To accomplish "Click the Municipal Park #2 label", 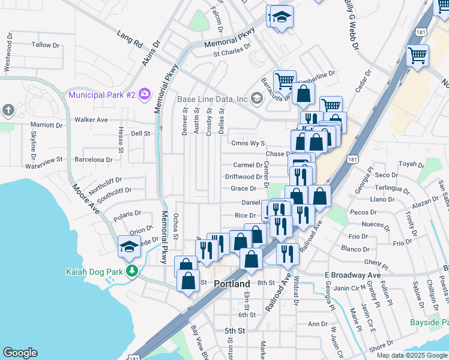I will click(x=101, y=95).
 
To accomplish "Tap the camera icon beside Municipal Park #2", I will click(x=144, y=94).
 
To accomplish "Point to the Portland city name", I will click(x=232, y=284).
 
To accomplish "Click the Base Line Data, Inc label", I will click(x=212, y=99).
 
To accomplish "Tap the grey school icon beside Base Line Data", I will click(x=257, y=98).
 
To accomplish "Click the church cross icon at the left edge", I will click(x=8, y=110).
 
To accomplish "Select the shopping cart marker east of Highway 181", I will click(x=417, y=56).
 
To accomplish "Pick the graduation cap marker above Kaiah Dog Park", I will click(x=129, y=247).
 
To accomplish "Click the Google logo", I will click(x=20, y=353).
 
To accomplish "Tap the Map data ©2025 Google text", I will click(x=412, y=355).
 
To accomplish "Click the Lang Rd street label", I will click(x=130, y=40).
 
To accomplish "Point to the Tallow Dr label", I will click(x=46, y=45).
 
